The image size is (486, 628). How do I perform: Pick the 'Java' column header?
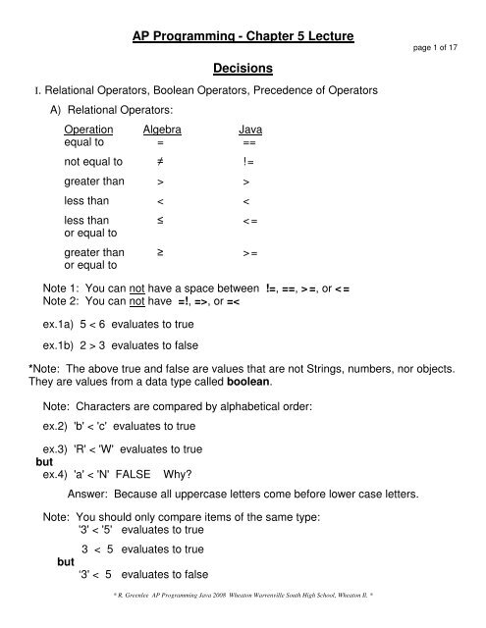click(249, 129)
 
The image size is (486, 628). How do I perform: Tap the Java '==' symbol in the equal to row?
click(248, 141)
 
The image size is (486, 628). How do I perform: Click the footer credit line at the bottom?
click(243, 619)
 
